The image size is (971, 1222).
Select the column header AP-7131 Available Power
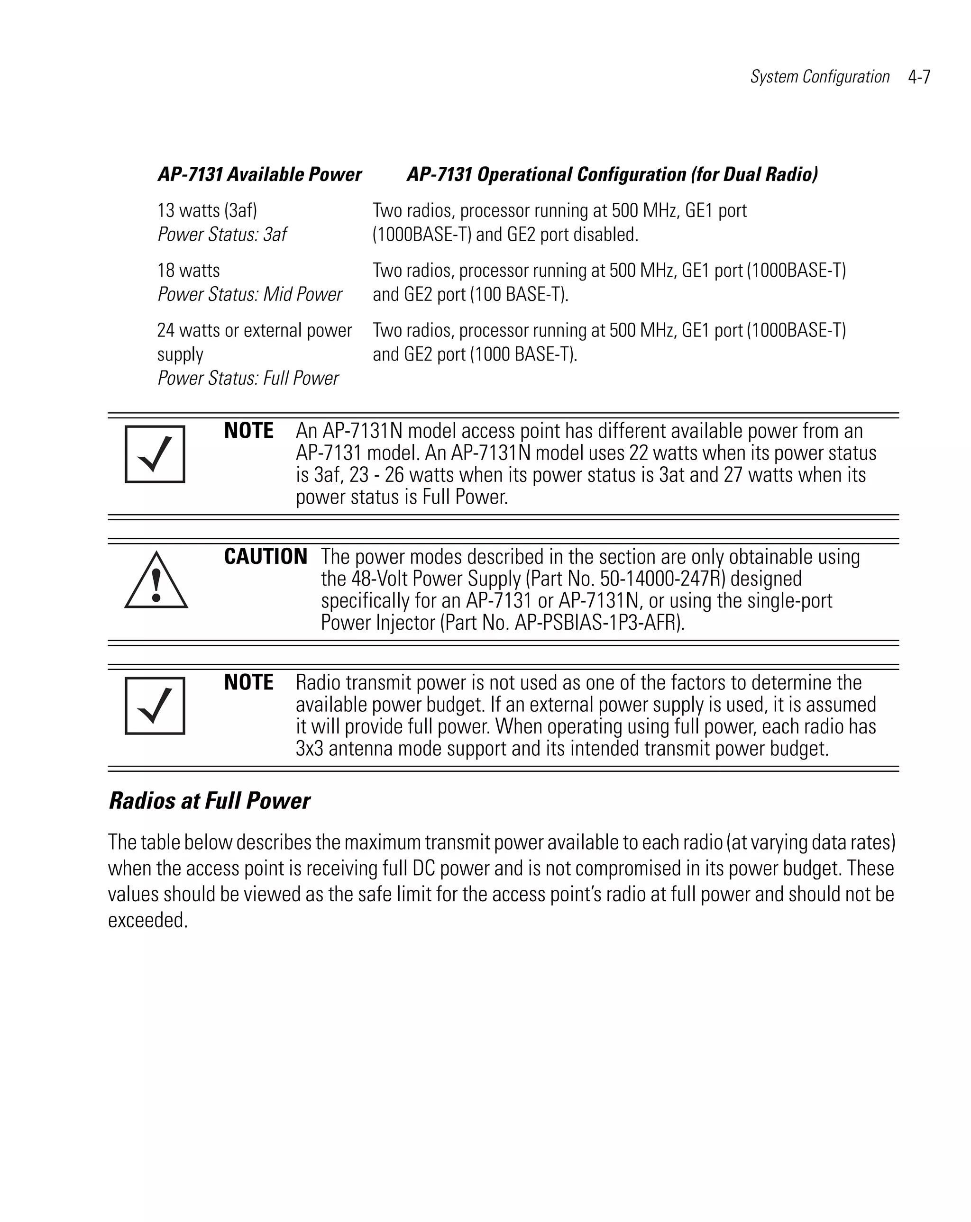coord(259,174)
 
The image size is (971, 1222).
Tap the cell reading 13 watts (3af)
coord(207,210)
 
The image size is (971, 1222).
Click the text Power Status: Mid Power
coord(249,294)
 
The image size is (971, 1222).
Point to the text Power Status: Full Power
coord(248,378)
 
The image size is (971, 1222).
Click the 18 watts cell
coord(188,271)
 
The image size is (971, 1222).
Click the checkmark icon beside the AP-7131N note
coord(155,454)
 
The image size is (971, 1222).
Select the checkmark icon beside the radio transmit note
coord(155,706)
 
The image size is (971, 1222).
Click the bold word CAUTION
coord(266,557)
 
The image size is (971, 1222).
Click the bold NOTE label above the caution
coord(248,431)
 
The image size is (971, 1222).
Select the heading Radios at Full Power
coord(209,801)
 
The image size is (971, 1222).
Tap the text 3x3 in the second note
coord(309,749)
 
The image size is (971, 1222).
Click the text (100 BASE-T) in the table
coord(518,294)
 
